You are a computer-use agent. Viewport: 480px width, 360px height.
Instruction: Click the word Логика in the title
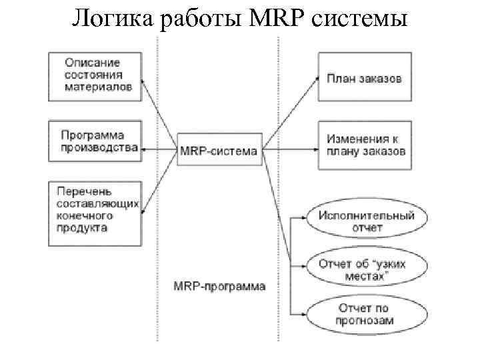pyautogui.click(x=113, y=18)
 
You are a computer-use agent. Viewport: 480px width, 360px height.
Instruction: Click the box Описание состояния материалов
pyautogui.click(x=95, y=75)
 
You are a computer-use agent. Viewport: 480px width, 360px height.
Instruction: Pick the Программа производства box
pyautogui.click(x=95, y=141)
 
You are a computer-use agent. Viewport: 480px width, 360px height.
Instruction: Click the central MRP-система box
pyautogui.click(x=218, y=151)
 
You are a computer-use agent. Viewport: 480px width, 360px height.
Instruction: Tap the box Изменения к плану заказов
pyautogui.click(x=364, y=145)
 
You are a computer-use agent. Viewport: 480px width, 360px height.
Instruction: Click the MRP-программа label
pyautogui.click(x=219, y=287)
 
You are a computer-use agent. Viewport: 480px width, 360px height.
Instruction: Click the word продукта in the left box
pyautogui.click(x=83, y=227)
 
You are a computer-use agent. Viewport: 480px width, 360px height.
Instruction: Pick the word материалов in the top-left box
pyautogui.click(x=98, y=86)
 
